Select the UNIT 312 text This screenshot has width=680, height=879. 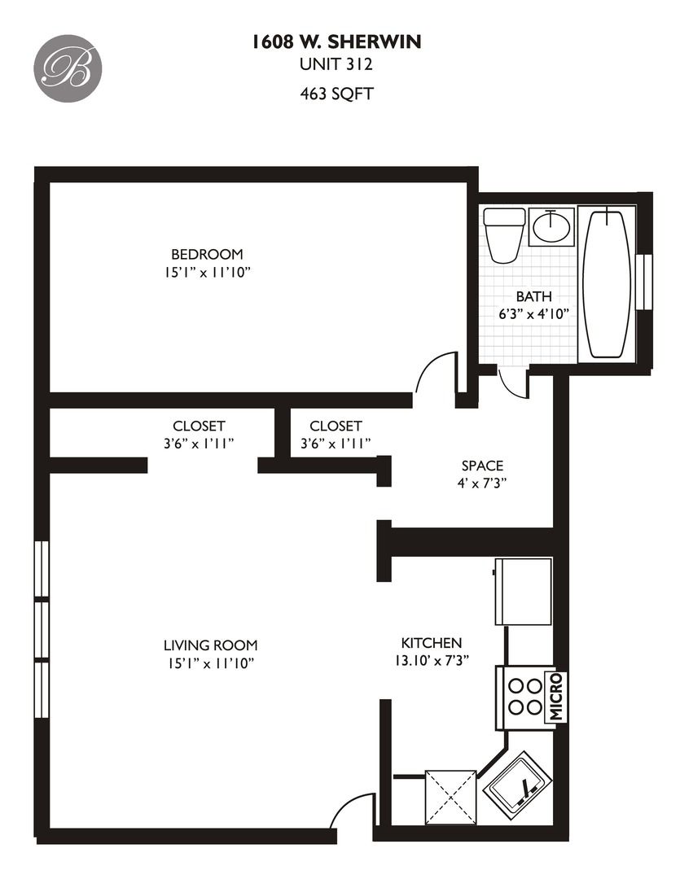(337, 67)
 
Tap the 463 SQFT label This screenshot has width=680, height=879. (337, 94)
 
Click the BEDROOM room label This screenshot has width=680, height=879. (206, 254)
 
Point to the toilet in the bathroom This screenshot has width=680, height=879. (503, 234)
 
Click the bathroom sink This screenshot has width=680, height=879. (552, 225)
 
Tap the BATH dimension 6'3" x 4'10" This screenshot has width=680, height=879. (533, 313)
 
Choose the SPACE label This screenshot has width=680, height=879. (482, 466)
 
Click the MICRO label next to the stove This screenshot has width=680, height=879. (557, 697)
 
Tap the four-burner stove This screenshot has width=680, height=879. (523, 697)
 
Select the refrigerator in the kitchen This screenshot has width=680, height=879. (524, 591)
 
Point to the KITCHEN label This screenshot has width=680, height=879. (431, 643)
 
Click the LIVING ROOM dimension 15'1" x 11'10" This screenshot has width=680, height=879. (209, 663)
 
